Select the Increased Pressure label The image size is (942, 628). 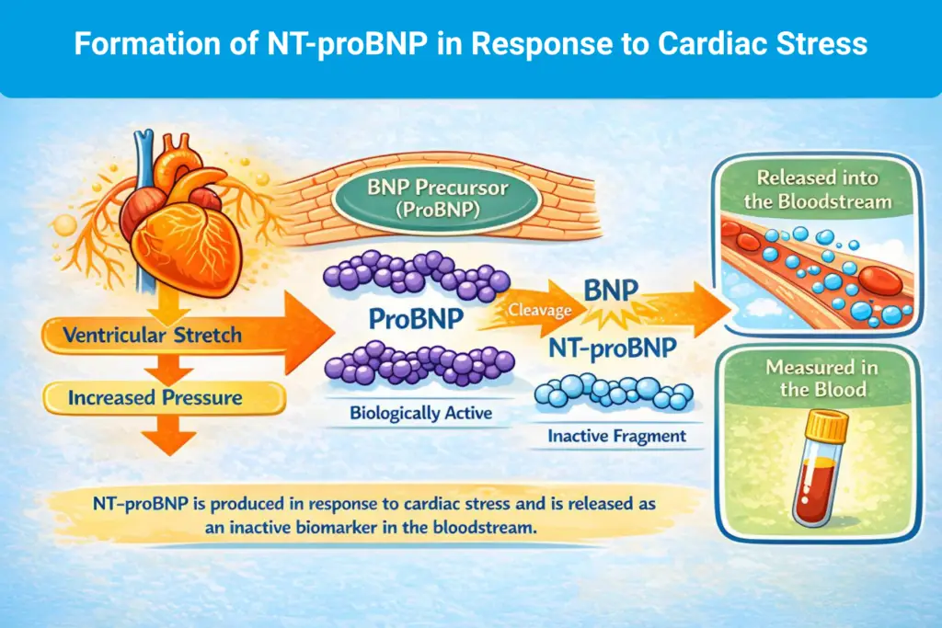(155, 397)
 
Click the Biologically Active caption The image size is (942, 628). (420, 413)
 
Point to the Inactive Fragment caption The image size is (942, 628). (617, 436)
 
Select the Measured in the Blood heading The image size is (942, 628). (821, 379)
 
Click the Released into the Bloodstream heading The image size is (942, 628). (819, 188)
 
